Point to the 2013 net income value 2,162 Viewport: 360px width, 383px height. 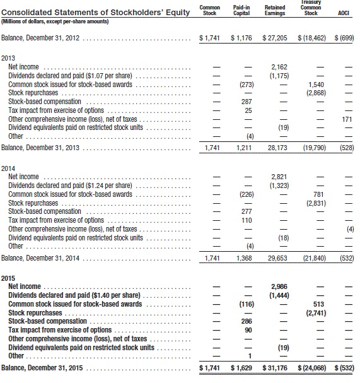click(278, 66)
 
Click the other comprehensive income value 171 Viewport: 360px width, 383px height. click(345, 119)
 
